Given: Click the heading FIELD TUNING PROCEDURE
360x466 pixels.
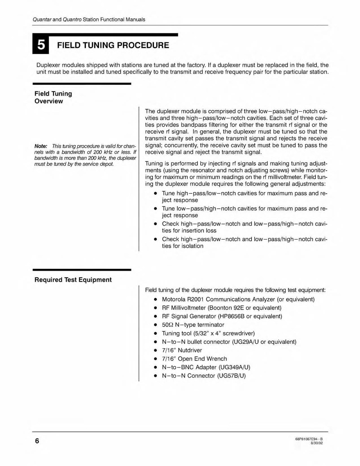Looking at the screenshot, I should (x=113, y=46).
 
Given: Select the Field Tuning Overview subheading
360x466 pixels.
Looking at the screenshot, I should (x=53, y=97).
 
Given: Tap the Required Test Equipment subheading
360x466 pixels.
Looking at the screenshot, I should (x=73, y=280).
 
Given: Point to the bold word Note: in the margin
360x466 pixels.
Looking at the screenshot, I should (x=41, y=146).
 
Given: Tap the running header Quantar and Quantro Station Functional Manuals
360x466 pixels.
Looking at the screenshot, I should (x=89, y=19).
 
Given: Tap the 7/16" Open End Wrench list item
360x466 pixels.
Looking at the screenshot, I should (x=194, y=359).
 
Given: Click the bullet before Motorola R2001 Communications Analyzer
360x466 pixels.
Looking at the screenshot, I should (x=155, y=300).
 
